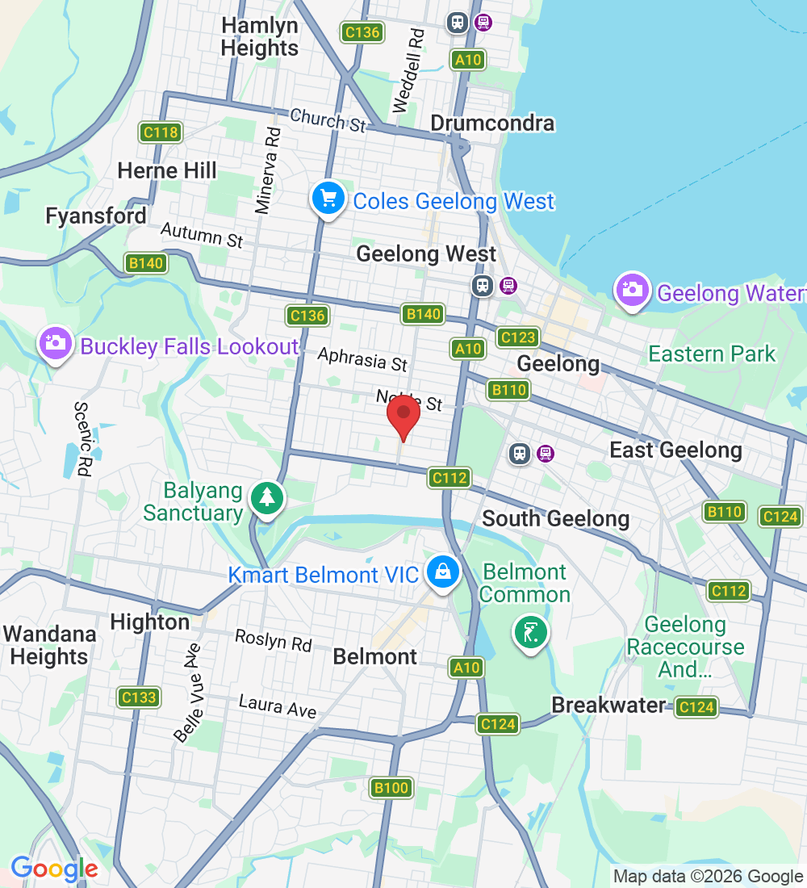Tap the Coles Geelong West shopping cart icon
(x=328, y=199)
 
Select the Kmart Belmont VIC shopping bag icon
(x=442, y=572)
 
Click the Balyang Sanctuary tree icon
(x=266, y=498)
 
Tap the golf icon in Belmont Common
(x=530, y=632)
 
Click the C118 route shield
(x=160, y=132)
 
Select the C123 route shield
(x=517, y=337)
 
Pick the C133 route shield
(x=137, y=697)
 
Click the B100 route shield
(x=391, y=787)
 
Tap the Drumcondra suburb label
(x=492, y=124)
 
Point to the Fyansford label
(x=96, y=216)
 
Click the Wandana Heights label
(x=50, y=645)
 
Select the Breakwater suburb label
(x=608, y=705)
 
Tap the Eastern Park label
(x=712, y=354)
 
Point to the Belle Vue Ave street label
(x=189, y=691)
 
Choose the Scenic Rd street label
(x=84, y=439)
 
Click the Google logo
(x=54, y=869)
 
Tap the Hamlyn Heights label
(x=260, y=37)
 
